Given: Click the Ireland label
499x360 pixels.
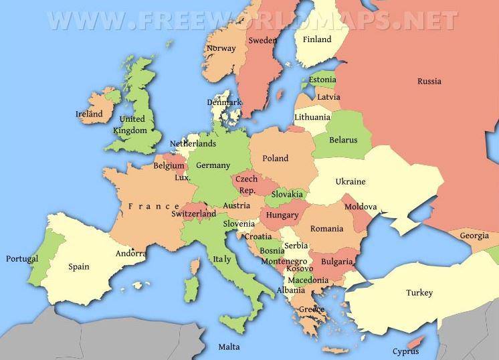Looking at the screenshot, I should point(89,114).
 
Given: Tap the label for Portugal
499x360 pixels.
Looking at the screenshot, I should point(22,259).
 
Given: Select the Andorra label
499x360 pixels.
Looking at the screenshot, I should point(131,254).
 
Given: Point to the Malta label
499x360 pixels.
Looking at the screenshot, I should point(229,347).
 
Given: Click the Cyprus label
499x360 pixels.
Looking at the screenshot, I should point(405,351).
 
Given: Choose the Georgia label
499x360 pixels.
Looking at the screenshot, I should point(474,236).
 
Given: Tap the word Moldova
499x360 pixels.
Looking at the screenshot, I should point(361,207).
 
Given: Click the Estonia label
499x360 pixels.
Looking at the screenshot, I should point(322,80).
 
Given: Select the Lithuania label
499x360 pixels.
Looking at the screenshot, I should point(312,117).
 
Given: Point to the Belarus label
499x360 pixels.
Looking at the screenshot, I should point(343,141).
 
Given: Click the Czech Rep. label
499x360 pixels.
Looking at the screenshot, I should point(247,185).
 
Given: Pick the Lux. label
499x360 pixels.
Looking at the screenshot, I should point(183,178).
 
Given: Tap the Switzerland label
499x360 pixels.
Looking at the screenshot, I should point(193,214).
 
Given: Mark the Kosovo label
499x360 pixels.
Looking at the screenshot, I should point(299,269).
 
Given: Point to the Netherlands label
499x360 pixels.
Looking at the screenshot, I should point(193,144).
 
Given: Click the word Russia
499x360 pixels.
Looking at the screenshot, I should point(429,82).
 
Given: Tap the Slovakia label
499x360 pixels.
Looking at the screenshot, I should point(288,195).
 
